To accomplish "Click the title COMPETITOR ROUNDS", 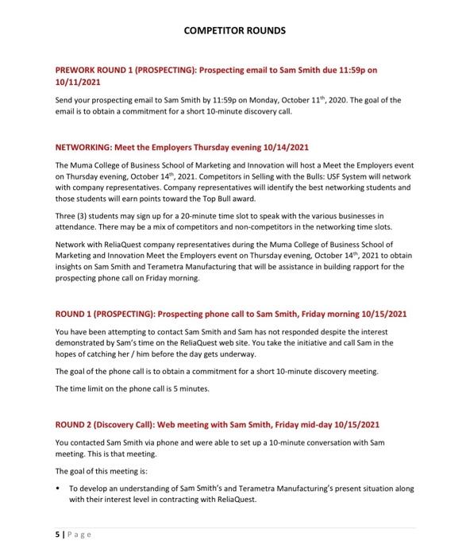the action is click(234, 31).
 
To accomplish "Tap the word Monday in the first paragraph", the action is click(265, 100).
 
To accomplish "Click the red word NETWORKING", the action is click(83, 148).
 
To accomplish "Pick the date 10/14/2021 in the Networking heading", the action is click(283, 148).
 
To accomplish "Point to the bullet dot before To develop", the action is click(59, 488).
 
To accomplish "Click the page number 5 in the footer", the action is click(57, 535).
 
